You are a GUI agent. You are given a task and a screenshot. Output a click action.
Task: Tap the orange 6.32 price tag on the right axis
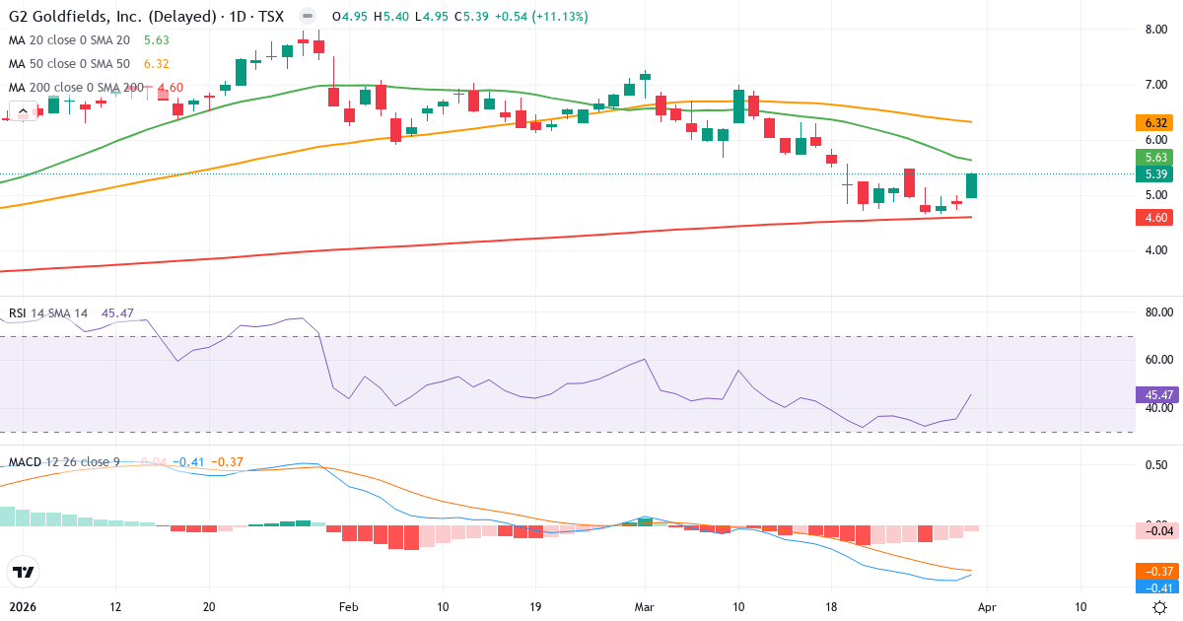coord(1156,123)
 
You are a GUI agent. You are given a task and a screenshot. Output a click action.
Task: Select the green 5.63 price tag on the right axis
coord(1156,157)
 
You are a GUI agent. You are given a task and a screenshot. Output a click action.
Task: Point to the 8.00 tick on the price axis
coord(1156,29)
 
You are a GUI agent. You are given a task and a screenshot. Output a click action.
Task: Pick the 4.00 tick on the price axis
coord(1156,250)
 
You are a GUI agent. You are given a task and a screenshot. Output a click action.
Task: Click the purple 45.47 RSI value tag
coord(1156,394)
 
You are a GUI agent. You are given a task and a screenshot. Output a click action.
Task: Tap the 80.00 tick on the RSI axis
coord(1156,312)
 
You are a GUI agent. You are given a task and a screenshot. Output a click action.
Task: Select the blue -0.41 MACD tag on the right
coord(1156,587)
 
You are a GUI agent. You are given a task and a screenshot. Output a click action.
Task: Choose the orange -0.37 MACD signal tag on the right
coord(1156,571)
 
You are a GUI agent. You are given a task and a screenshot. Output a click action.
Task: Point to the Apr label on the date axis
coord(987,607)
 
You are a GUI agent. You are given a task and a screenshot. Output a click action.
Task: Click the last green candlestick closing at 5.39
coord(971,185)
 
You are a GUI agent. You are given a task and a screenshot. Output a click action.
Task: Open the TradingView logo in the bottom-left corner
coord(22,572)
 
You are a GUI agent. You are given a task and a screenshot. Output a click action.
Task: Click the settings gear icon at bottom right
coord(1160,607)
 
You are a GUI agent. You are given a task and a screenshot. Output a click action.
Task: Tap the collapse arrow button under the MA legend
coord(21,111)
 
